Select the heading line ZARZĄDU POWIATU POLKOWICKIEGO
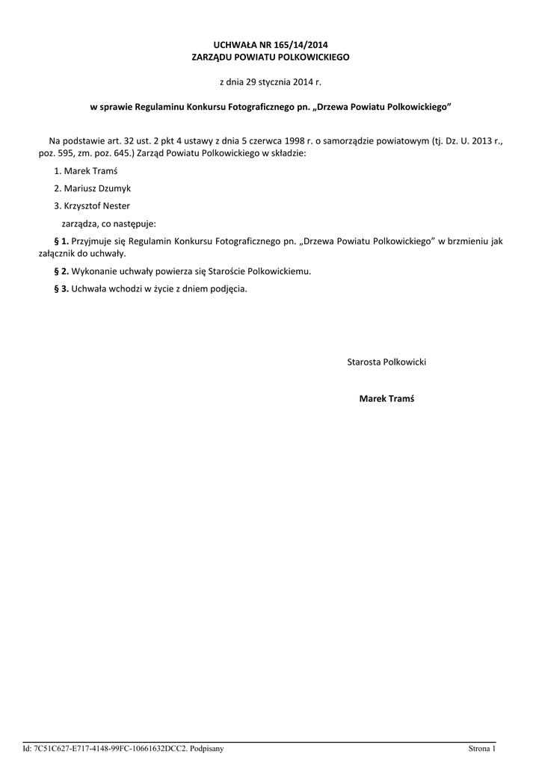271,58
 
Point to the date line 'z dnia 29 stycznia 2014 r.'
271,81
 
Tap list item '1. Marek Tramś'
85,171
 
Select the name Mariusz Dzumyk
98,189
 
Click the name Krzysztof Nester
97,206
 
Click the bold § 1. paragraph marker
62,241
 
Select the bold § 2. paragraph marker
62,271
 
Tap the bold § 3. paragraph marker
62,289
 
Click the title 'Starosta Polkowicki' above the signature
387,362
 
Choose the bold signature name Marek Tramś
387,399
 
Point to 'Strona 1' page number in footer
482,748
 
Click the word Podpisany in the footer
206,748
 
